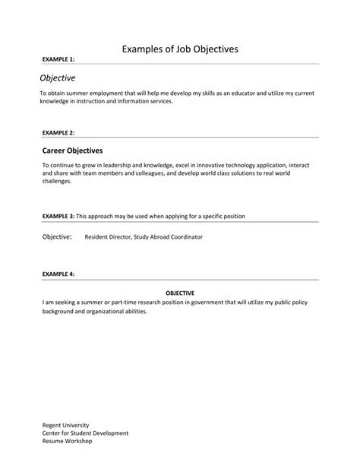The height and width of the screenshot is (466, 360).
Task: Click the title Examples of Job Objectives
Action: pyautogui.click(x=180, y=49)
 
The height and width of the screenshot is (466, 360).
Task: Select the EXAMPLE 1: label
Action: pyautogui.click(x=58, y=59)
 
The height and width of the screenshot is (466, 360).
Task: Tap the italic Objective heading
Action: pyautogui.click(x=58, y=78)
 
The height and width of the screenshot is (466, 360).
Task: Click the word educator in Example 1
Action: pyautogui.click(x=245, y=93)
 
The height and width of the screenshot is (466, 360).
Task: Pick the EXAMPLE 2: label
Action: pyautogui.click(x=58, y=132)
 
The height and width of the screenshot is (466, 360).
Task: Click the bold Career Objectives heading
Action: pyautogui.click(x=72, y=151)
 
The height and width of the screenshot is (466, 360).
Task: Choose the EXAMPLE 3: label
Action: pyautogui.click(x=58, y=216)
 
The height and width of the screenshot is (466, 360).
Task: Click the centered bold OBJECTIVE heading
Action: pyautogui.click(x=180, y=293)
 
